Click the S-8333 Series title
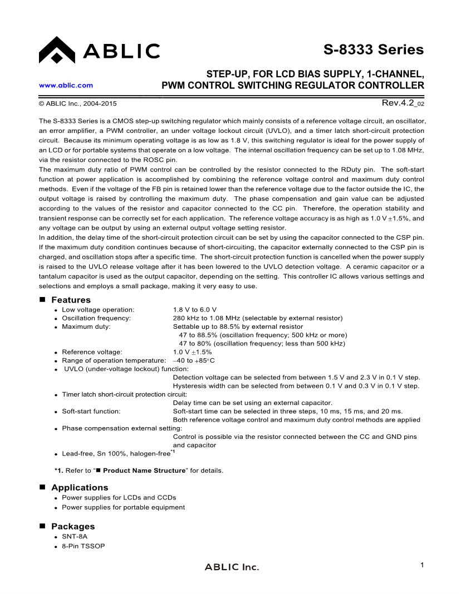(373, 49)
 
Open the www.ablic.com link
(66, 85)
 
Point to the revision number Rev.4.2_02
(403, 103)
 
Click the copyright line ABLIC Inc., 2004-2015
(77, 103)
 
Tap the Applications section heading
(80, 487)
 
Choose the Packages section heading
(73, 526)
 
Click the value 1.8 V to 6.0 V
(194, 309)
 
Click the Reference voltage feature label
(92, 352)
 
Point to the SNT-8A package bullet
(74, 536)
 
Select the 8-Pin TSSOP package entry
(83, 546)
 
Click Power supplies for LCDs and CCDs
(119, 497)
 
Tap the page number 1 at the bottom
(422, 565)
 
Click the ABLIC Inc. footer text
(232, 567)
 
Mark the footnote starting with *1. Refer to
(139, 471)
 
